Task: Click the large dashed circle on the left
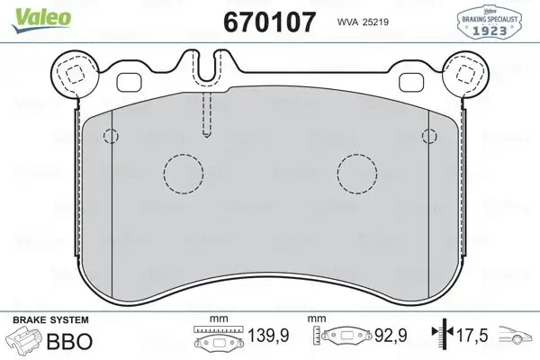point(184,173)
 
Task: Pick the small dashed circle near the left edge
point(111,137)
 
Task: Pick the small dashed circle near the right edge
point(428,137)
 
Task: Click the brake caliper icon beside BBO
point(28,341)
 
